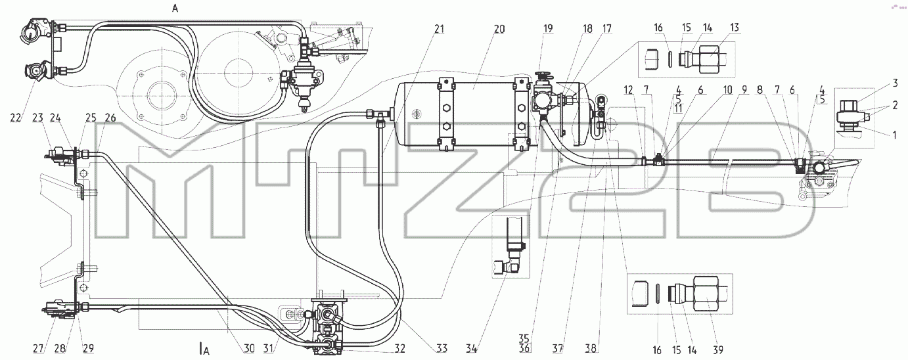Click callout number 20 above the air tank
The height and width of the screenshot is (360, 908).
click(499, 29)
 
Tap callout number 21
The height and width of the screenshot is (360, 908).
click(440, 29)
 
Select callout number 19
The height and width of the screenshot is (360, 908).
click(548, 29)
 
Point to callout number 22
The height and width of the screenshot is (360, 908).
click(15, 118)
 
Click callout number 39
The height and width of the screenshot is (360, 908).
click(717, 349)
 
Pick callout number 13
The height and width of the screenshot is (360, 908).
click(735, 28)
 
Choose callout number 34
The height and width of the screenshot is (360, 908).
click(471, 349)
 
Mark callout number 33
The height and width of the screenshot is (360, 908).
click(442, 349)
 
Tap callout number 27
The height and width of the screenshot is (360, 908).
click(39, 348)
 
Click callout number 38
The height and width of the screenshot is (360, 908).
click(591, 349)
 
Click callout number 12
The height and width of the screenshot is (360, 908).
click(628, 90)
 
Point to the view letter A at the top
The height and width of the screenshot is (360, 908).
click(175, 9)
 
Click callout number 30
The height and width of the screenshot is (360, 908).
click(249, 349)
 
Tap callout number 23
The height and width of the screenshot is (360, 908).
click(37, 118)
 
